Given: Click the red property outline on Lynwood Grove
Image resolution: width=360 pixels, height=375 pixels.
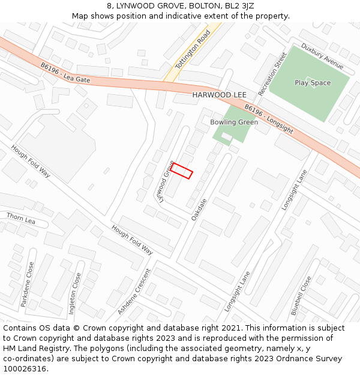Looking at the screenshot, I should tap(181, 171).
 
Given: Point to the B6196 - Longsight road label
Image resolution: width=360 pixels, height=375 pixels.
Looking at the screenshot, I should tap(269, 119).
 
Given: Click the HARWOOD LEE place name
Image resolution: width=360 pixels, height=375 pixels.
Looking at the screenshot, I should tap(219, 95).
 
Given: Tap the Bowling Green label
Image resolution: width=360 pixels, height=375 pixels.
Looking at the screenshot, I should tap(234, 122).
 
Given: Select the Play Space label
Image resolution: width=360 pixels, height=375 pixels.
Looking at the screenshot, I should tap(313, 83).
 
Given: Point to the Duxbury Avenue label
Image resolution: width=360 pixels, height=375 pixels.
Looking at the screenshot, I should tap(322, 55).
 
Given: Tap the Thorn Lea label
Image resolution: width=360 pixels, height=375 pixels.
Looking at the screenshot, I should tap(21, 218).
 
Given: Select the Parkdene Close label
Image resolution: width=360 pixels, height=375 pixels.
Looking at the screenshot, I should tap(28, 284).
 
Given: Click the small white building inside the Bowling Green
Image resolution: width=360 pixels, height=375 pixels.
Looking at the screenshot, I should tap(226, 137).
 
